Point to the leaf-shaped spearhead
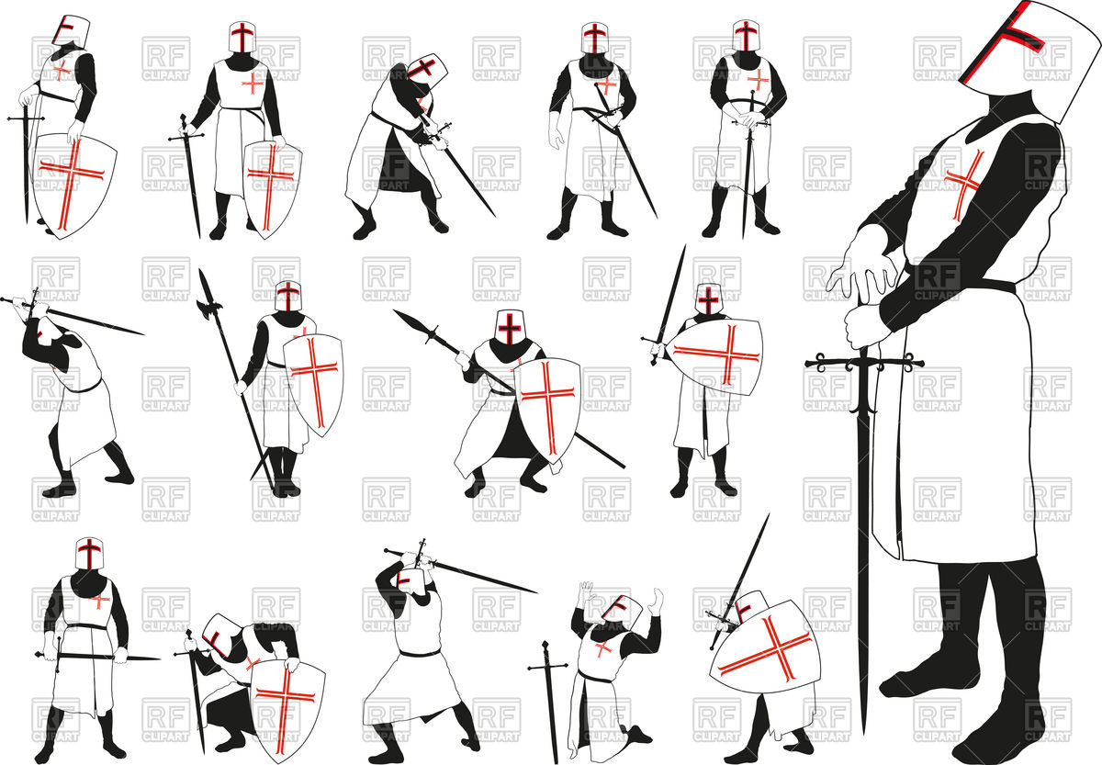pos(410,322)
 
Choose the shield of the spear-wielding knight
pos(549,404)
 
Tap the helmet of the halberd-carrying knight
pos(288,295)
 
